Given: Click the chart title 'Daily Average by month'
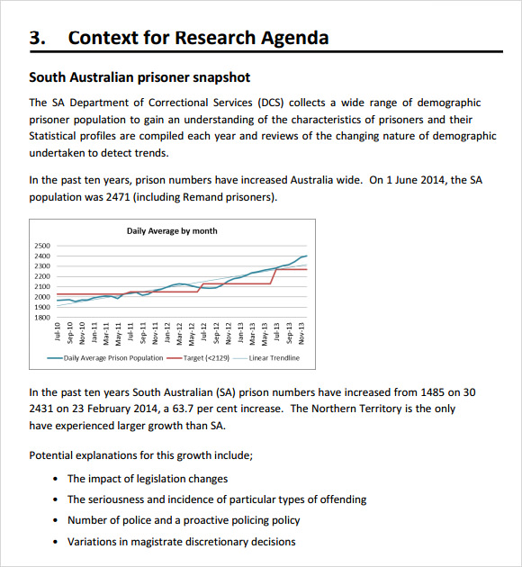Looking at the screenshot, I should pyautogui.click(x=171, y=231).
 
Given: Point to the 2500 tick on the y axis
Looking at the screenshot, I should pyautogui.click(x=41, y=246).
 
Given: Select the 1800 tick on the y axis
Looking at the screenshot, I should pyautogui.click(x=41, y=317).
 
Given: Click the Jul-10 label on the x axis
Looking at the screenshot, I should pyautogui.click(x=58, y=332).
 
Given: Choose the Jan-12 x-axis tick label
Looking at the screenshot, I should pyautogui.click(x=167, y=333).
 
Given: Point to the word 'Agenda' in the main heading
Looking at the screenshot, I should pyautogui.click(x=288, y=38).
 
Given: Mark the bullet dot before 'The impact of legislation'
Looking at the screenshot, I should pyautogui.click(x=57, y=479).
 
